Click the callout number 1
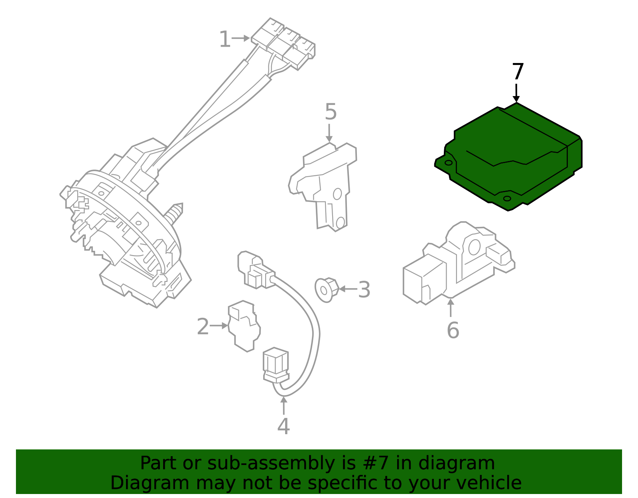[225, 39]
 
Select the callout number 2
[203, 327]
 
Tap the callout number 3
[364, 290]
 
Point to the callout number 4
[283, 426]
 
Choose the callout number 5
[331, 112]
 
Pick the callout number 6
[453, 330]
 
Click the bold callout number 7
[518, 72]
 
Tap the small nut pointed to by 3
[326, 289]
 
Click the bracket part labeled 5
[327, 187]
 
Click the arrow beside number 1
[241, 38]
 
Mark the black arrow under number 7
[516, 93]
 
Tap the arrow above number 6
[451, 307]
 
